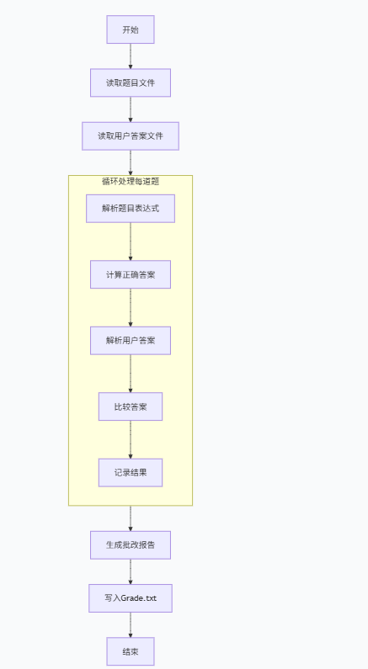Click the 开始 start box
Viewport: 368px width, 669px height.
tap(131, 29)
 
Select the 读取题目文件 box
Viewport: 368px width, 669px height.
tap(131, 82)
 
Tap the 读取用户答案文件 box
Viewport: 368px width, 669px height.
tap(131, 135)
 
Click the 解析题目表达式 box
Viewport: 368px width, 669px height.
tap(131, 208)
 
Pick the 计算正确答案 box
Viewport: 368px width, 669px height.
tap(131, 274)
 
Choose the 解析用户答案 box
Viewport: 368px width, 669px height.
tap(131, 340)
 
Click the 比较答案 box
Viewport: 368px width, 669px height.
tap(131, 406)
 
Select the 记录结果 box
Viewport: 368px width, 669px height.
tap(131, 472)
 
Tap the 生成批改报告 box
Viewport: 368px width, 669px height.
tap(131, 544)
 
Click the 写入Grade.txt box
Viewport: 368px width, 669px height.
tap(131, 597)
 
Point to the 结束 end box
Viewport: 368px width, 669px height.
tap(131, 651)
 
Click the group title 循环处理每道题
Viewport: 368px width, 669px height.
tap(131, 181)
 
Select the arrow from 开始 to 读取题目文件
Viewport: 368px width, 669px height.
tap(131, 56)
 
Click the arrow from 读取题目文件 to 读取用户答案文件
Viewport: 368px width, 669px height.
tap(131, 109)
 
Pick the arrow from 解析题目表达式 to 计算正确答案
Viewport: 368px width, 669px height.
tap(131, 242)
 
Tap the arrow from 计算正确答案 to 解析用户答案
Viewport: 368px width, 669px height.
tap(131, 307)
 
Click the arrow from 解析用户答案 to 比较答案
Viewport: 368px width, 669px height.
tap(131, 374)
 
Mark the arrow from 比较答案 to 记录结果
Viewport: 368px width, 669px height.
tap(131, 439)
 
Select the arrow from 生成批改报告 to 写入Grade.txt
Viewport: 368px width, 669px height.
tap(131, 571)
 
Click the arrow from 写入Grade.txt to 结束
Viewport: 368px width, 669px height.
tap(131, 624)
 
